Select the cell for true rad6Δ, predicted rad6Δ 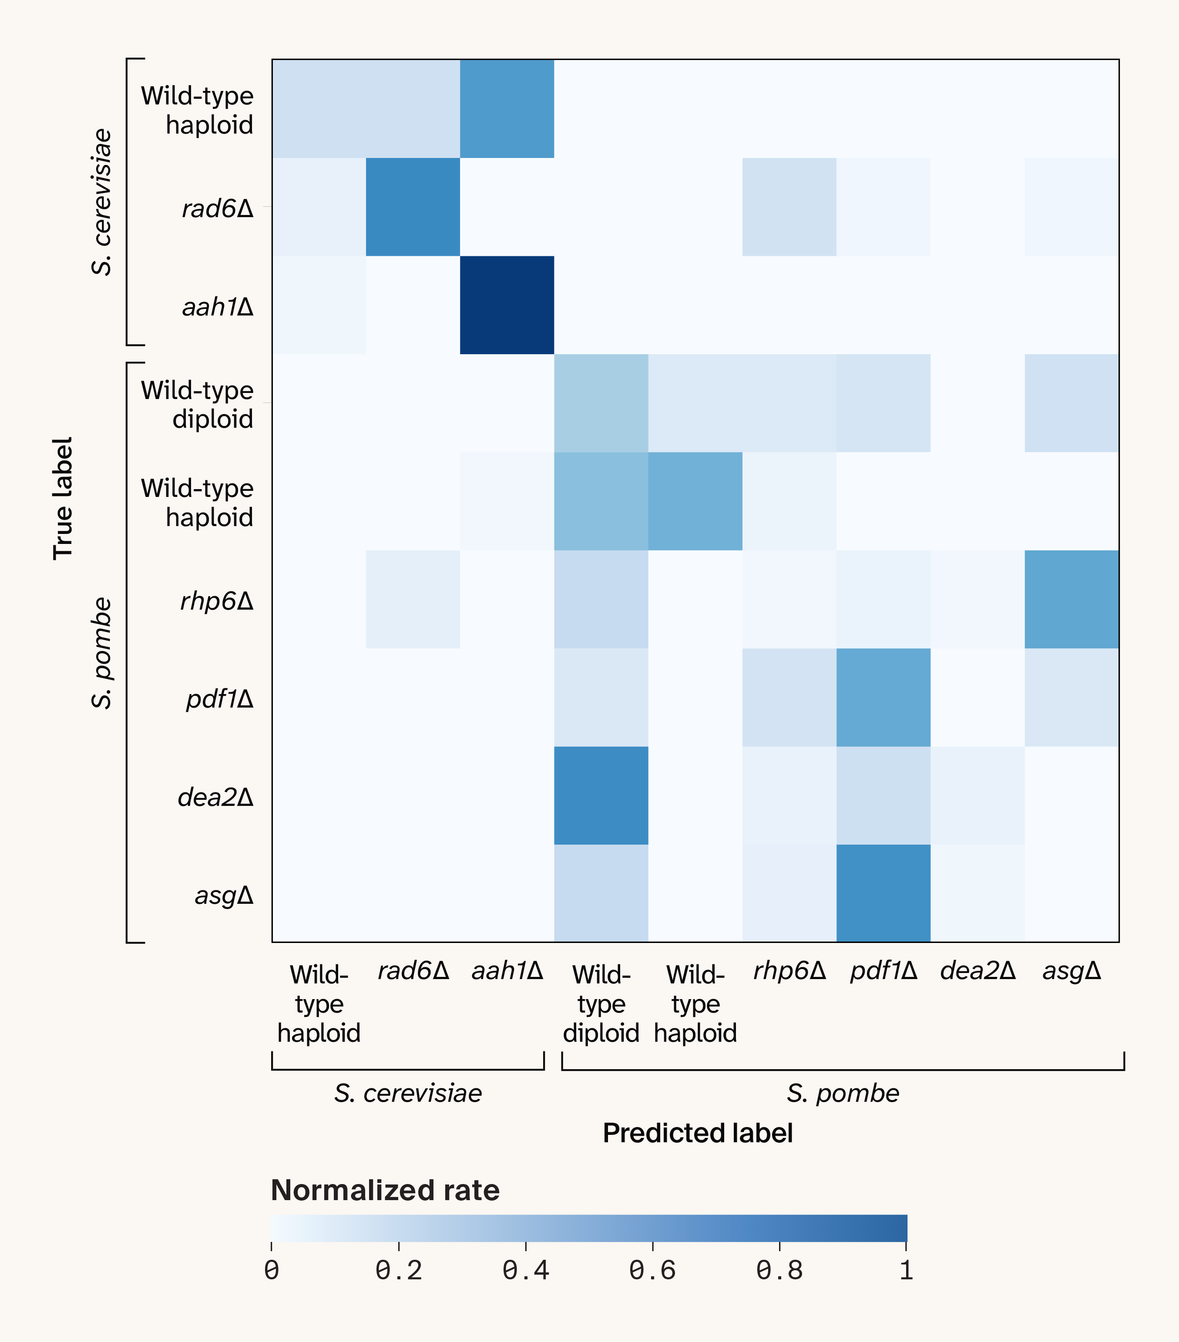[x=413, y=207]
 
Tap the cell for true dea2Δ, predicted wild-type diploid [x=601, y=795]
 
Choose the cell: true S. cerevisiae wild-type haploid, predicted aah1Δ [x=507, y=109]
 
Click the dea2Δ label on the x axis [x=977, y=970]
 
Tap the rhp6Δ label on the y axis [x=217, y=601]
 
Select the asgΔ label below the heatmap [x=1071, y=970]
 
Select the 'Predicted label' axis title [x=698, y=1133]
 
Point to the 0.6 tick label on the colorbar [x=652, y=1271]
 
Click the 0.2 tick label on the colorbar [x=399, y=1271]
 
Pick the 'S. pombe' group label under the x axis [x=843, y=1093]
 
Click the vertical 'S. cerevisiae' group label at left [x=102, y=201]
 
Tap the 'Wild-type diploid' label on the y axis [x=197, y=404]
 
